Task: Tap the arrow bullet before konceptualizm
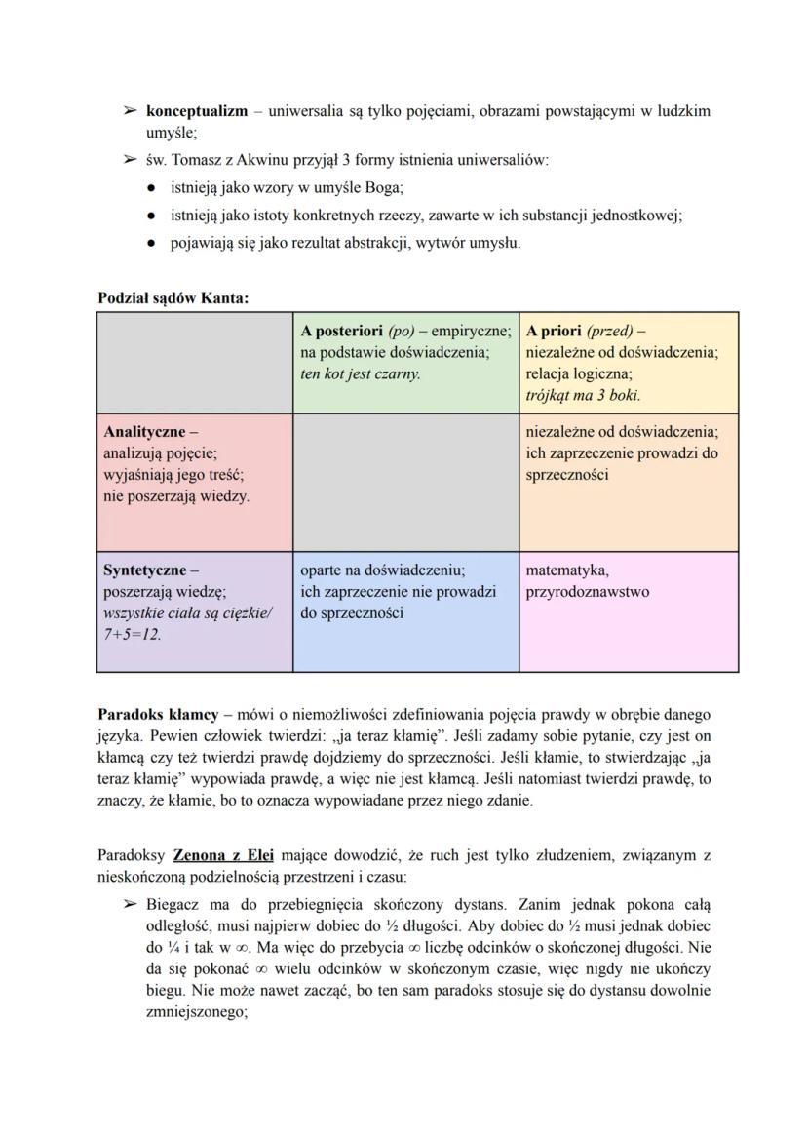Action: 128,111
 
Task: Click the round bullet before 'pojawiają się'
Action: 153,243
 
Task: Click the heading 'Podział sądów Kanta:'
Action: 173,297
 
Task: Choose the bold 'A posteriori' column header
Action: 342,331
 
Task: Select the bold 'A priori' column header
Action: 554,331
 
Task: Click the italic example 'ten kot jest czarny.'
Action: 361,373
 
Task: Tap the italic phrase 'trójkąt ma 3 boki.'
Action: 583,395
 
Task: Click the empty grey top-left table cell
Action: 195,362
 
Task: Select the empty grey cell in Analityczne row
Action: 405,482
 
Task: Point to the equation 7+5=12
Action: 133,634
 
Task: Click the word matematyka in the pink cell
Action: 566,570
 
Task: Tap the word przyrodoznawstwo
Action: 587,591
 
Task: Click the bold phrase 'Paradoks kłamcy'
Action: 158,715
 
